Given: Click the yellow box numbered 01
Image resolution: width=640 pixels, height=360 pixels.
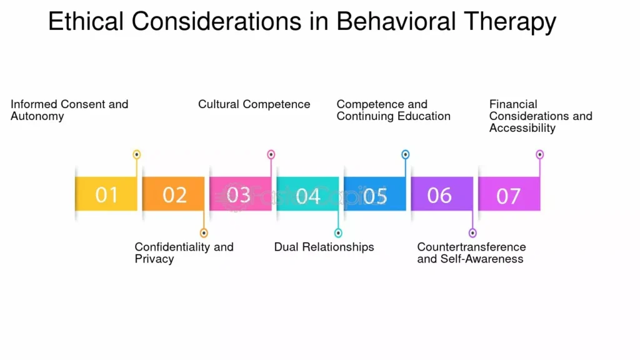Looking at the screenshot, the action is click(x=106, y=194).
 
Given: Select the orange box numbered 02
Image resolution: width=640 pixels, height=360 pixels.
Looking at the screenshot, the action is click(x=174, y=194).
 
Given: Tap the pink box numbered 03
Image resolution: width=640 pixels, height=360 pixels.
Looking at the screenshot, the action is click(x=241, y=194).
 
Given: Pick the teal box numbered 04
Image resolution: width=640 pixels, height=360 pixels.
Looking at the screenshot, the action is click(x=307, y=194).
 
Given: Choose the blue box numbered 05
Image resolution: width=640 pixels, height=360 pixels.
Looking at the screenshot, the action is click(x=375, y=194).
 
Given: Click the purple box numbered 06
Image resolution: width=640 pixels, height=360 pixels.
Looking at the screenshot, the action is click(x=442, y=194).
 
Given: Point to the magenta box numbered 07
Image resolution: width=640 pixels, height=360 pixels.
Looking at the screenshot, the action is click(x=509, y=194).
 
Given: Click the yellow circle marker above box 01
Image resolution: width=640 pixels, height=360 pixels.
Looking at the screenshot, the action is click(x=137, y=154).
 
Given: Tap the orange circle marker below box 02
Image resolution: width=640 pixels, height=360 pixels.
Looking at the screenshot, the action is click(x=204, y=233).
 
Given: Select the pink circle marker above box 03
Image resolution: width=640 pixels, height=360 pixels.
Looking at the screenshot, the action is click(x=271, y=154).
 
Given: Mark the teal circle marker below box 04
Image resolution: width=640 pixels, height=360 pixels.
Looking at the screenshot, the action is click(x=338, y=233).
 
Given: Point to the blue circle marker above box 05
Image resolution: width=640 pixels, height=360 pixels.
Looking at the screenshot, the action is click(x=405, y=154).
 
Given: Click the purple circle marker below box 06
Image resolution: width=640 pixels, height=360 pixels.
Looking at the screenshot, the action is click(x=472, y=233).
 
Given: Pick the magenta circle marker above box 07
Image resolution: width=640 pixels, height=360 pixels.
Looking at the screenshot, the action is click(x=539, y=154).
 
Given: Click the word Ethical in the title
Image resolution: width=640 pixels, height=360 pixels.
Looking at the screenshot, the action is click(x=86, y=21).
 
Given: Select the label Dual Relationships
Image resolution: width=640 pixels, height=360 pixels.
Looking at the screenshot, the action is click(x=324, y=247).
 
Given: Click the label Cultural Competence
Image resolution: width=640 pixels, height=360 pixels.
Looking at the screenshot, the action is click(x=254, y=104).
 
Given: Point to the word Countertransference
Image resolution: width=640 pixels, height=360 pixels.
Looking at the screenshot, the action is click(x=471, y=247).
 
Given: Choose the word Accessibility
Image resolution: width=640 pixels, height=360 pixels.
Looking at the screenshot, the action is click(x=522, y=128).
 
